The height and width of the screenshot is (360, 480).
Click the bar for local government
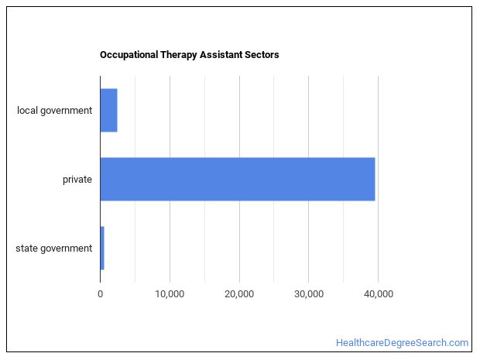coord(108,110)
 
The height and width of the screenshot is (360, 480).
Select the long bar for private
coord(238,179)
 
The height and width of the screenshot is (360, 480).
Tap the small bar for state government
coord(102,248)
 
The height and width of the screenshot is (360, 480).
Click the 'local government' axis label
coord(54,110)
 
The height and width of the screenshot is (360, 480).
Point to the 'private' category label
coord(77,180)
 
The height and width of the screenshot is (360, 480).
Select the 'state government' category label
coord(53,249)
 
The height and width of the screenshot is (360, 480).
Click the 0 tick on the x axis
coord(101,293)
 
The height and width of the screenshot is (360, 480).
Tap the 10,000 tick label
coord(170,293)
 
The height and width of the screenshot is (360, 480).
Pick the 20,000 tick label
coord(239,293)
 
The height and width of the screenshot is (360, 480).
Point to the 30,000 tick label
coord(308,293)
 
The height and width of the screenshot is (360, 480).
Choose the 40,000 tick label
coord(378,293)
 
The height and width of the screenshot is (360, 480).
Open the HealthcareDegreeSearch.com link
coord(402,342)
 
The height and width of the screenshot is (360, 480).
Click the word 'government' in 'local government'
coord(66,110)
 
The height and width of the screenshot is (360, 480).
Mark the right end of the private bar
coord(374,179)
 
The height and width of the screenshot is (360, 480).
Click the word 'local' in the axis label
coord(27,110)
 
